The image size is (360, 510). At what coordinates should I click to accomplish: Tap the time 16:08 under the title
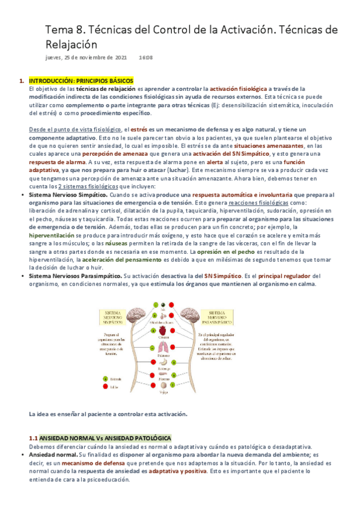pos(145,58)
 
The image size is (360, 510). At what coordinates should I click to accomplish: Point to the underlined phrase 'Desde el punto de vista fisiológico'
pos(75,129)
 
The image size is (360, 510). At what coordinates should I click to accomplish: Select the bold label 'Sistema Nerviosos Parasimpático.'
pos(75,276)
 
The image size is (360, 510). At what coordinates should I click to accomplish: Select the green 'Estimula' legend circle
pos(106,379)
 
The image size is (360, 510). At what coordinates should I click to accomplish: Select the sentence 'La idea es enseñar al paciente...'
pos(108,414)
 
